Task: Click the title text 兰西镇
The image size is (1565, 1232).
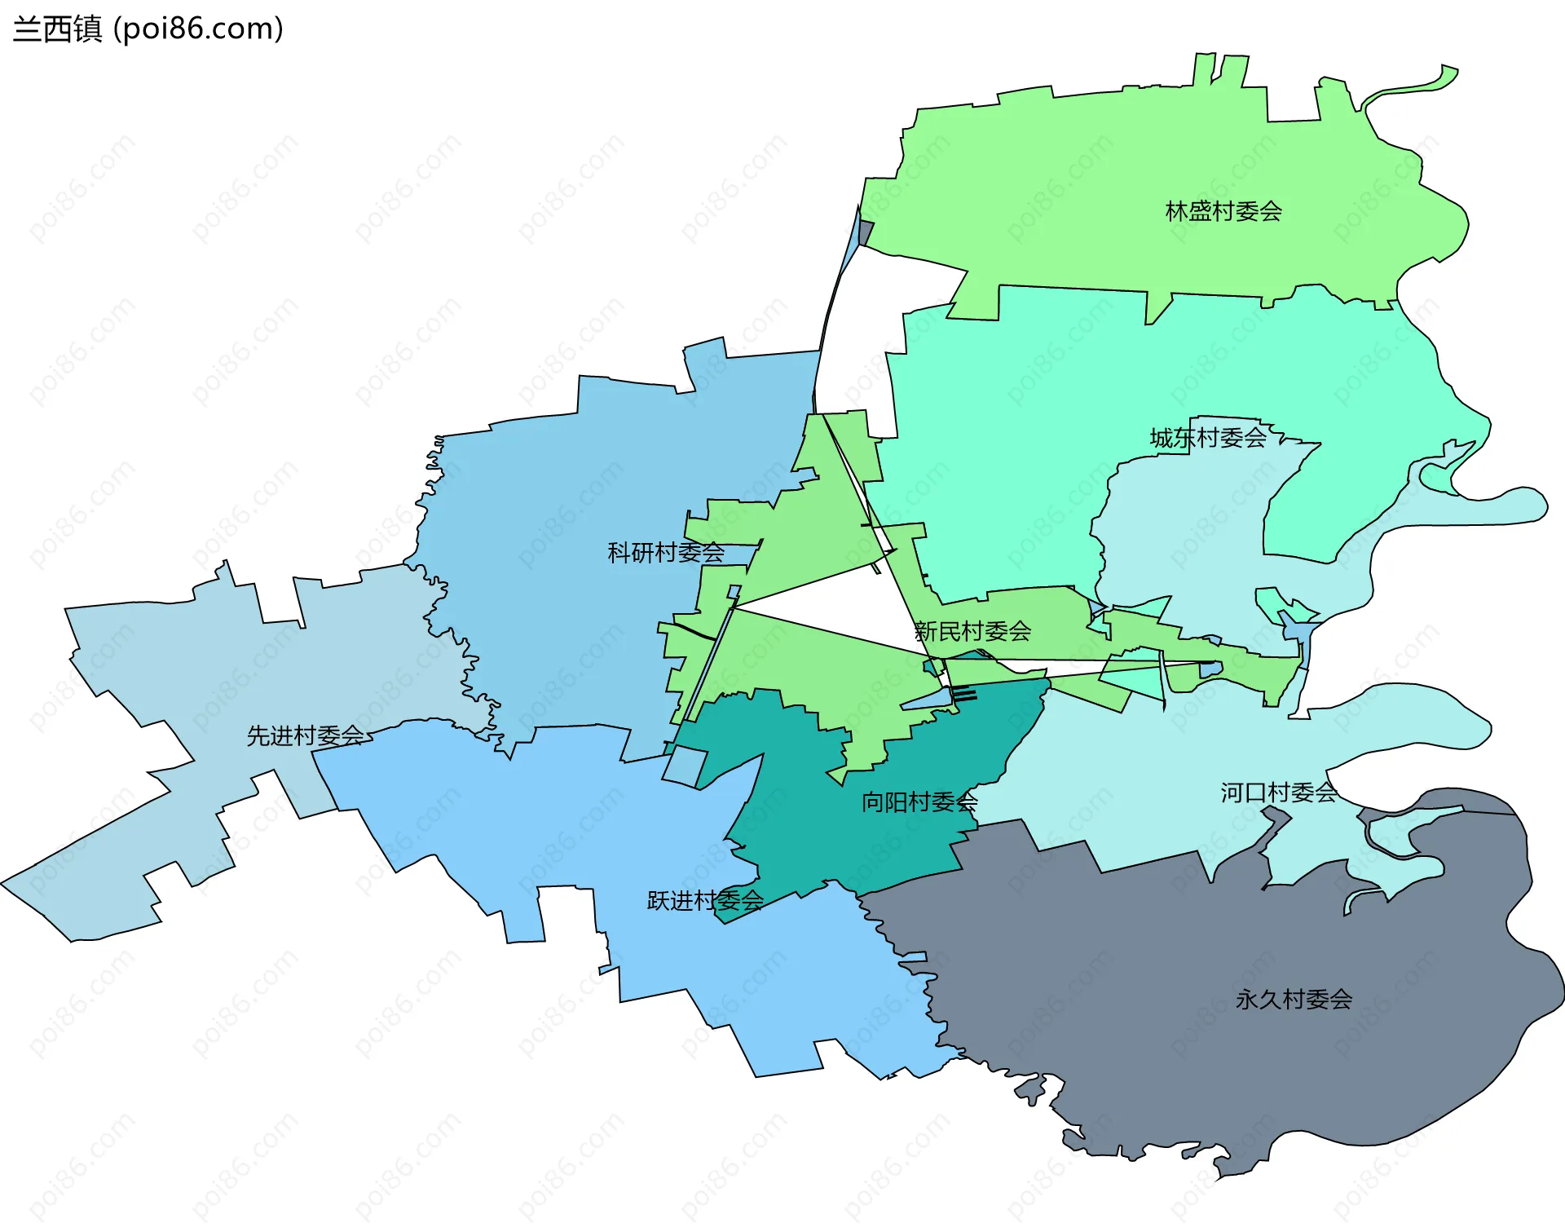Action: click(x=57, y=29)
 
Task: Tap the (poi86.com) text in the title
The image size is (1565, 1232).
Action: click(x=199, y=29)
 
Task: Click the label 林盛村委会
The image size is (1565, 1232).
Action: click(x=1223, y=212)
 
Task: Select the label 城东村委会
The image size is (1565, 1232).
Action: click(x=1208, y=438)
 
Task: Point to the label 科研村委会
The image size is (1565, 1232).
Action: click(x=666, y=553)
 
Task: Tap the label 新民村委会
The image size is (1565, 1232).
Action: click(x=972, y=631)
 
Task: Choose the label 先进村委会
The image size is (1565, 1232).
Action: click(x=306, y=735)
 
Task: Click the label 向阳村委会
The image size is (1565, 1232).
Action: click(x=919, y=802)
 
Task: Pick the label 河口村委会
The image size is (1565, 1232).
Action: click(x=1278, y=793)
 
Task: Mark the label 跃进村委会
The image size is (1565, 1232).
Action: click(x=705, y=900)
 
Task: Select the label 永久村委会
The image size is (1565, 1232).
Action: click(x=1294, y=1000)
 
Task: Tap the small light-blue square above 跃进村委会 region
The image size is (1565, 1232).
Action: click(x=685, y=766)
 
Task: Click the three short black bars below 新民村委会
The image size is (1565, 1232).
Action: click(x=964, y=695)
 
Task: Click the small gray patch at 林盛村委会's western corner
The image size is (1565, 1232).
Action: click(x=866, y=232)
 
